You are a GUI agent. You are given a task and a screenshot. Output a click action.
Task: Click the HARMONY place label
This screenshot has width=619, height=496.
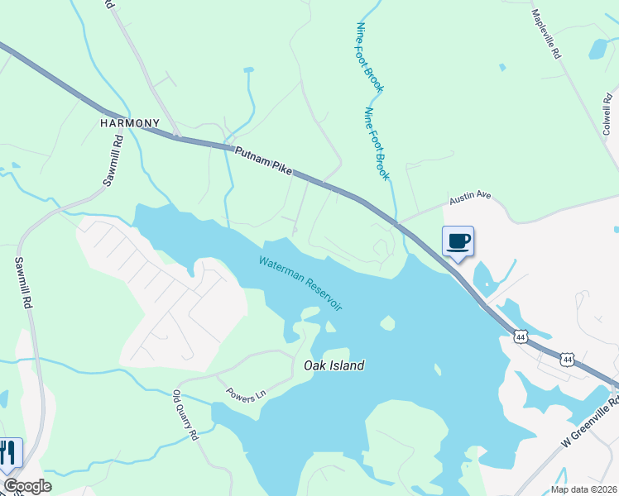click(130, 123)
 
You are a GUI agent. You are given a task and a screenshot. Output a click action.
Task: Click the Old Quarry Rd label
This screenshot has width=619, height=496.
click(185, 416)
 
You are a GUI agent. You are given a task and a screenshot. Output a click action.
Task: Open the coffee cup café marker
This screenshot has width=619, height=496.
click(458, 241)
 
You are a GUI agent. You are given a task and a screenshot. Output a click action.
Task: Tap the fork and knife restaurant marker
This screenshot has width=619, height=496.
click(7, 453)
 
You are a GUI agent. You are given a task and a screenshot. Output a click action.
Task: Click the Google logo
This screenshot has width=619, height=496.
click(26, 486)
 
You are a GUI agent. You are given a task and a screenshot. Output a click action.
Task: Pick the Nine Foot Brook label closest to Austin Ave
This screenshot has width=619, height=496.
click(377, 144)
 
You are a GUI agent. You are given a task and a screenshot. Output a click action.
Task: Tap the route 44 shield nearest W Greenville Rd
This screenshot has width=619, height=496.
click(567, 360)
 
